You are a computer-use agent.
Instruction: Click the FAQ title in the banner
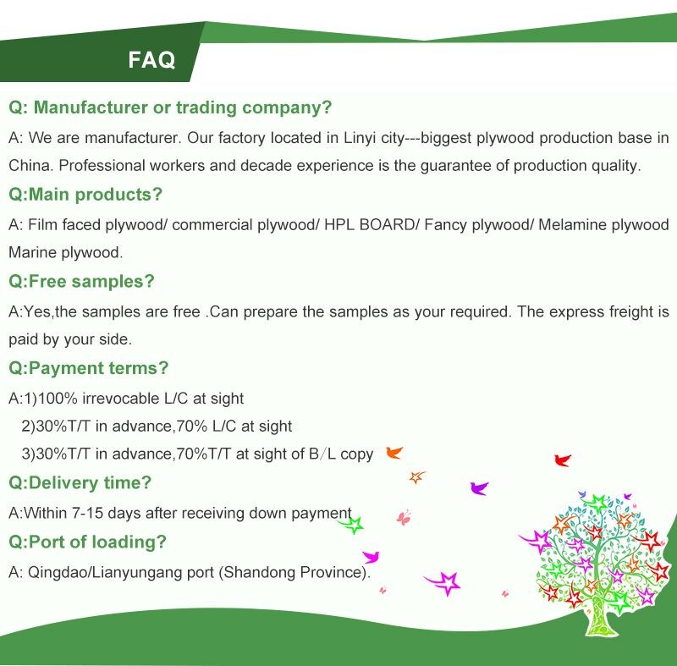tap(151, 59)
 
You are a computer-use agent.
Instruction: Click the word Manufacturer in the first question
tap(91, 107)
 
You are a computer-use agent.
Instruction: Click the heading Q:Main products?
tap(85, 195)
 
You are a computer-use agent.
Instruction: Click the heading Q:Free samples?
tap(81, 281)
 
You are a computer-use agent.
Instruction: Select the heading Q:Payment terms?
tap(89, 368)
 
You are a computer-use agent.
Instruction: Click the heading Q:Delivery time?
tap(80, 482)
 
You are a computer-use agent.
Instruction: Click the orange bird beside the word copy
tap(394, 453)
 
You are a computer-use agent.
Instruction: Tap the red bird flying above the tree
tap(563, 460)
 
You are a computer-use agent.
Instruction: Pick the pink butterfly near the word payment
tap(404, 518)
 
